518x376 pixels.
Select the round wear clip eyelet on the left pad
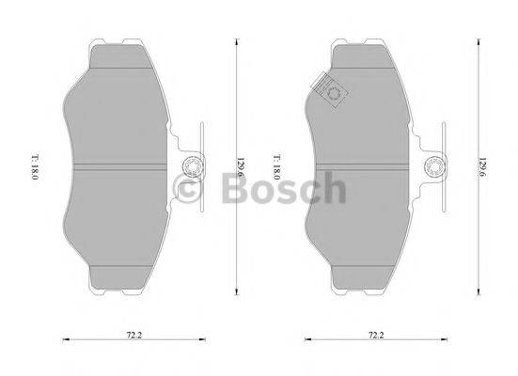[188, 168]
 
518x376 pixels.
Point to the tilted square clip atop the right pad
[331, 91]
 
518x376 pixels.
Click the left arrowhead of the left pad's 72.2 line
[63, 339]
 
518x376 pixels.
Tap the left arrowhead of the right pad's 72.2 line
[306, 339]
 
